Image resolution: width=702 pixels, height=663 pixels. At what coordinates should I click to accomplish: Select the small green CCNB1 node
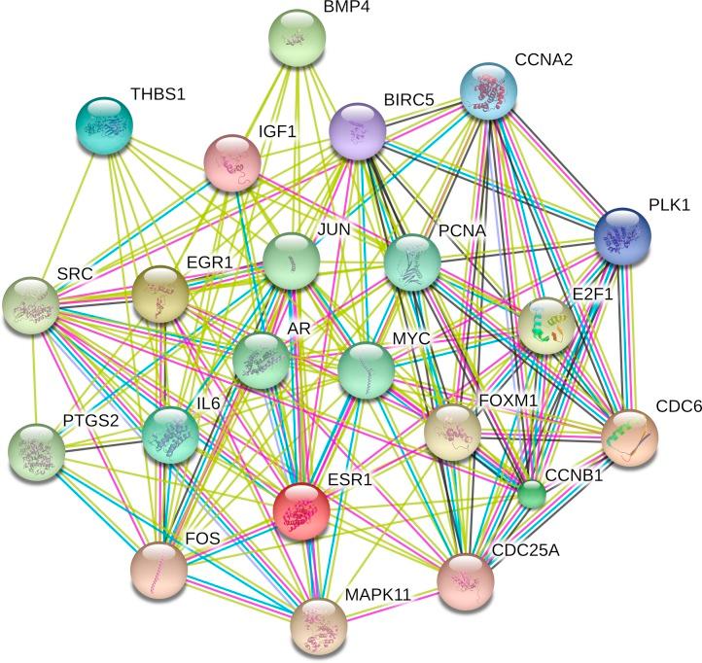[531, 495]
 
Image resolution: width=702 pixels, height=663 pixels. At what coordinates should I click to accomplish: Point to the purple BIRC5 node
[358, 132]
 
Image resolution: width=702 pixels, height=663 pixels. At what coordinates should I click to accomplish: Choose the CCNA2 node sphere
[488, 90]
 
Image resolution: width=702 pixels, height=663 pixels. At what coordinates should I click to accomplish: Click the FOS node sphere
[158, 570]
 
